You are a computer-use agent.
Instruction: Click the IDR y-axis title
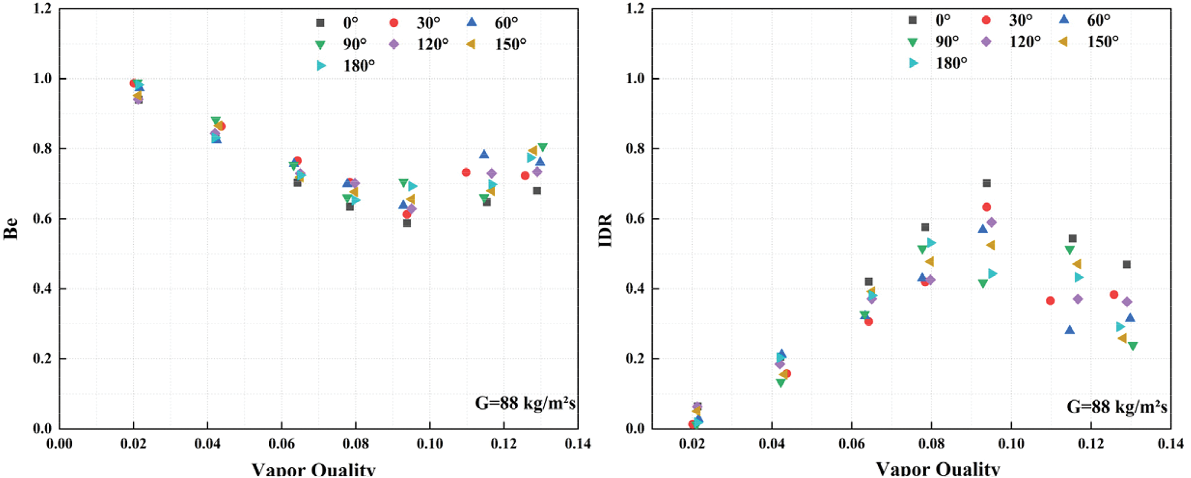coord(605,230)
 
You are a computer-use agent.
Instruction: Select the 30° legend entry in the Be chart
coord(416,23)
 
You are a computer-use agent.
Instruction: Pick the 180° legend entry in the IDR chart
coord(939,63)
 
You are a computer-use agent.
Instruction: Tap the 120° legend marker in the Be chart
coord(394,44)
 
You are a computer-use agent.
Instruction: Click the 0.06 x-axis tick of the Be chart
coord(282,444)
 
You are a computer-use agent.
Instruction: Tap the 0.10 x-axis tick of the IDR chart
coord(1011,444)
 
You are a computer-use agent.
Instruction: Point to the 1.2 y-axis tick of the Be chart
coord(42,8)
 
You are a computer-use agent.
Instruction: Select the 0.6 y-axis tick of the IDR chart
coord(635,218)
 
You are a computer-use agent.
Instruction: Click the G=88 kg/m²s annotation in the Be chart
coord(525,403)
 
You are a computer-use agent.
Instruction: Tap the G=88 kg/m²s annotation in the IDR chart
coord(1117,407)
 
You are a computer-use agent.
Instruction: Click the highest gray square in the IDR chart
coord(987,183)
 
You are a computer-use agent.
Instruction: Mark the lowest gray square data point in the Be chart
coord(407,223)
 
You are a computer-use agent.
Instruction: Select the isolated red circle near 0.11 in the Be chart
coord(466,172)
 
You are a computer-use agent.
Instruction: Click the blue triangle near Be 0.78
coord(484,154)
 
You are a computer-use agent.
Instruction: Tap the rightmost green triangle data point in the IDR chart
coord(1133,346)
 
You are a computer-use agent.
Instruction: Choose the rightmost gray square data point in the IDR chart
coord(1127,264)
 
